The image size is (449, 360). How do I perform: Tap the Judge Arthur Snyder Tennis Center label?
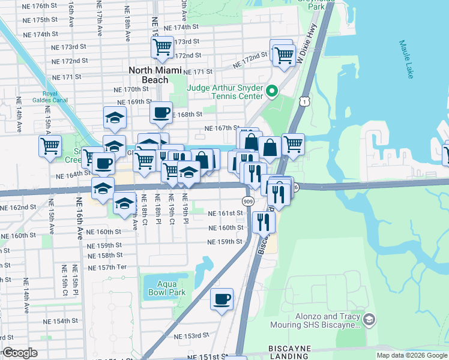225,92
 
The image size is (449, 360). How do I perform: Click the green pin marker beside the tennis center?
272,92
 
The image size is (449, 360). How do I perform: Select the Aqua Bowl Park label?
164,288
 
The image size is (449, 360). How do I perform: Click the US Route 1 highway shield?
306,103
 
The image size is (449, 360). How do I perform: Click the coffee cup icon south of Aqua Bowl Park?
221,298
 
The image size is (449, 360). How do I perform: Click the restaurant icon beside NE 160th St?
264,222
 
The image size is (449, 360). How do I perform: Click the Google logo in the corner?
20,353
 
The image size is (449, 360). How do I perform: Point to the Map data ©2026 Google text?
411,355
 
